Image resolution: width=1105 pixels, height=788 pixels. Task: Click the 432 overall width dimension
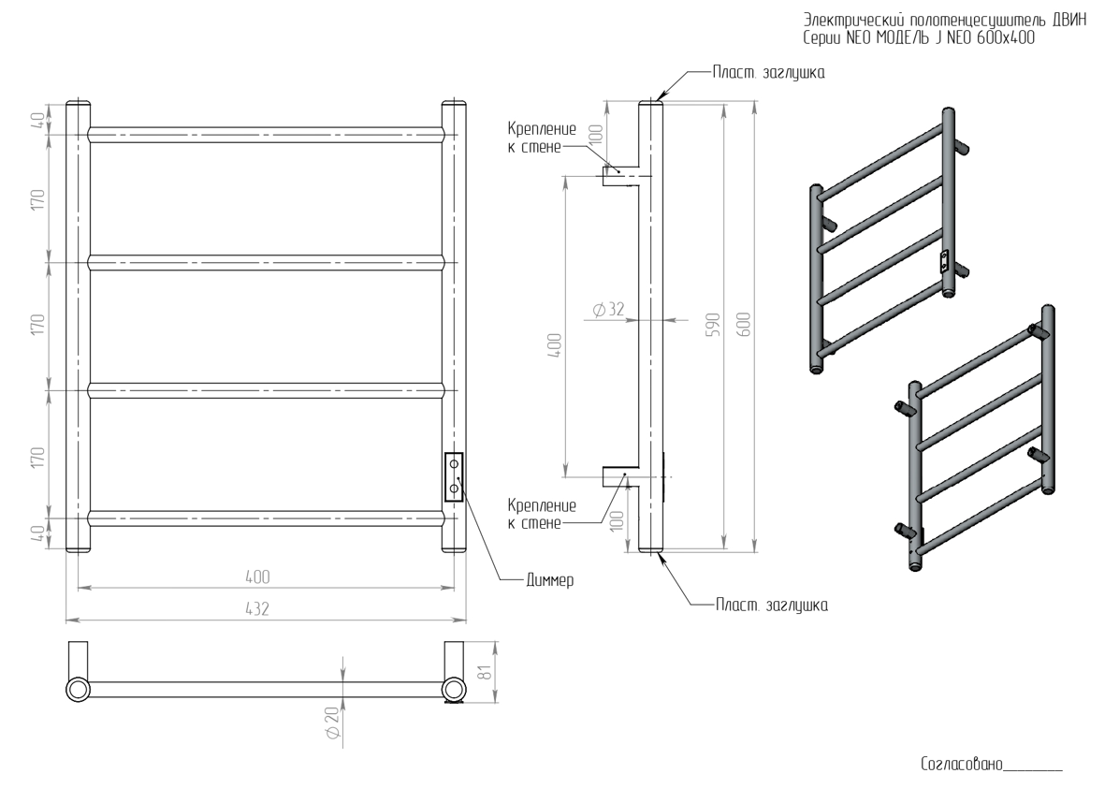pos(257,609)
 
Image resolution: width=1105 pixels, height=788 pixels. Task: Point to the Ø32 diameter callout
pos(608,310)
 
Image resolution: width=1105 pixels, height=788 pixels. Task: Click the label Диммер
pos(549,580)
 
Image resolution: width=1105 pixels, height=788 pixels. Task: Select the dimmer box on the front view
pos(454,476)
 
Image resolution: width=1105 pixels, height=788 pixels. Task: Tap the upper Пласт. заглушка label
pos(768,72)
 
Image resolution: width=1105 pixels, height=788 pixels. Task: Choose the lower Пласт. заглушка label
pos(772,606)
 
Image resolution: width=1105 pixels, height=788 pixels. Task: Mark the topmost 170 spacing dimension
pos(37,198)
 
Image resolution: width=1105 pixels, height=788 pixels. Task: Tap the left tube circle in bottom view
pos(78,690)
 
